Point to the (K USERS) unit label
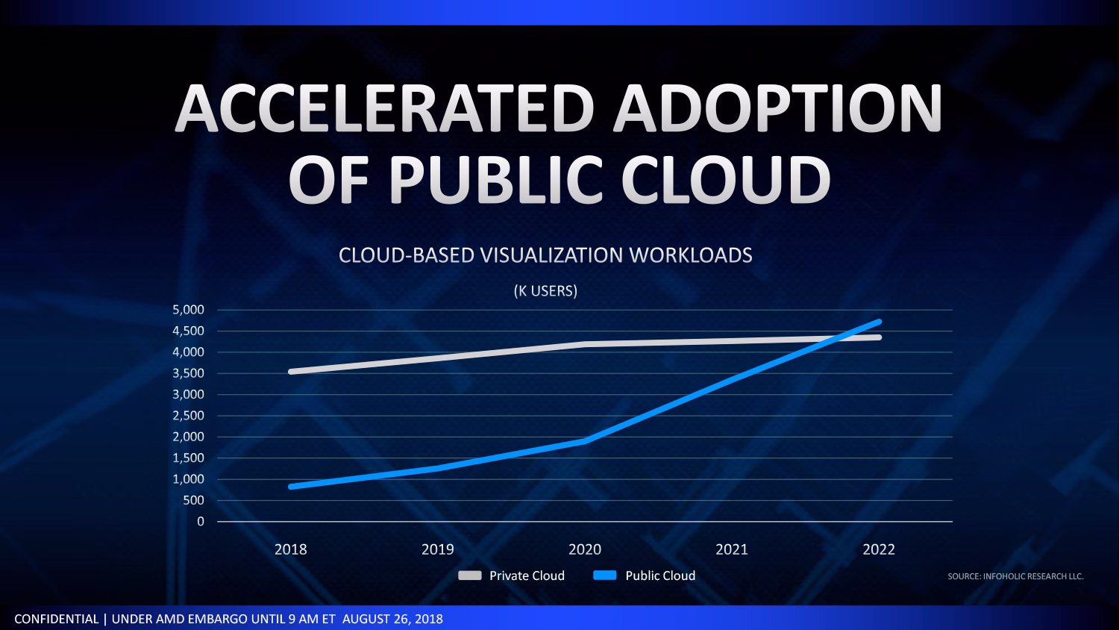[x=545, y=291]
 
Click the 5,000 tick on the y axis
[x=188, y=310]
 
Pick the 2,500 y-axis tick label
[x=188, y=416]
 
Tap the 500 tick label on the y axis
[x=193, y=500]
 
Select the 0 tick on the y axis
[x=200, y=522]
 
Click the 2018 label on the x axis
[x=290, y=549]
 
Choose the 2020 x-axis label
[x=585, y=549]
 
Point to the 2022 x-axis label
[x=879, y=549]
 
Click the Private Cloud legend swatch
[x=469, y=576]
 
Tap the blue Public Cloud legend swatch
[x=605, y=576]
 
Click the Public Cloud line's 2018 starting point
[x=291, y=487]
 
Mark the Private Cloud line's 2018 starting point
[x=291, y=371]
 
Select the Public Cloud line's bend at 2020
[x=586, y=441]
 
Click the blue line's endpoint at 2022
[x=879, y=322]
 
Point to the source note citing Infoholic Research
[x=1015, y=576]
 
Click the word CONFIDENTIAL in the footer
[x=56, y=619]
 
